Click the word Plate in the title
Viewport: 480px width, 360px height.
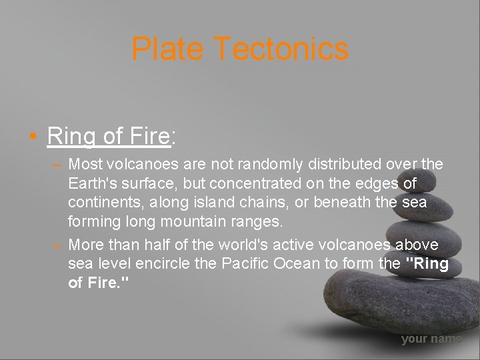click(168, 49)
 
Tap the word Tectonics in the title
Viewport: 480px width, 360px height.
click(281, 49)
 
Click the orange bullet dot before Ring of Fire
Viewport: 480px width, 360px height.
click(33, 137)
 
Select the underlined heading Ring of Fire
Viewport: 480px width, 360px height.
click(109, 136)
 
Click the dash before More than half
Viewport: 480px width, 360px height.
click(57, 245)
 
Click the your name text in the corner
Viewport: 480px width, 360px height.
click(431, 339)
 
